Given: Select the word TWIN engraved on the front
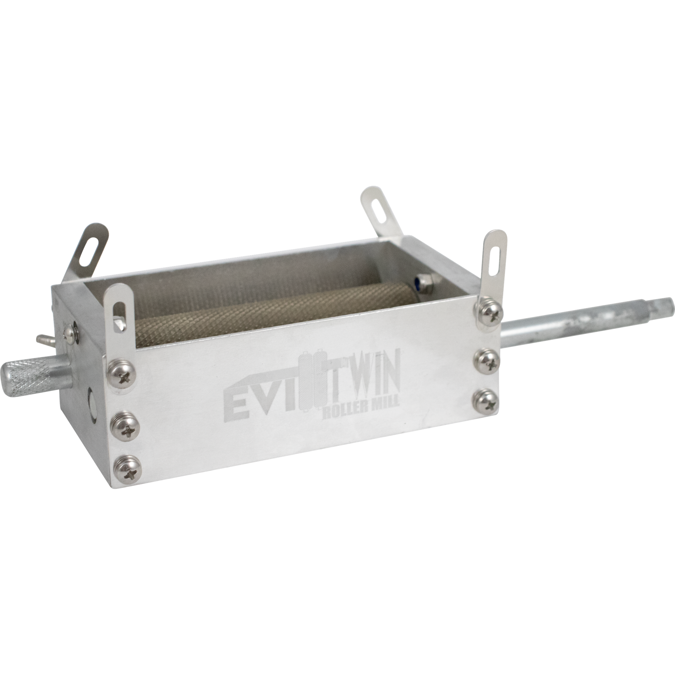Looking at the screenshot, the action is (x=362, y=384).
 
